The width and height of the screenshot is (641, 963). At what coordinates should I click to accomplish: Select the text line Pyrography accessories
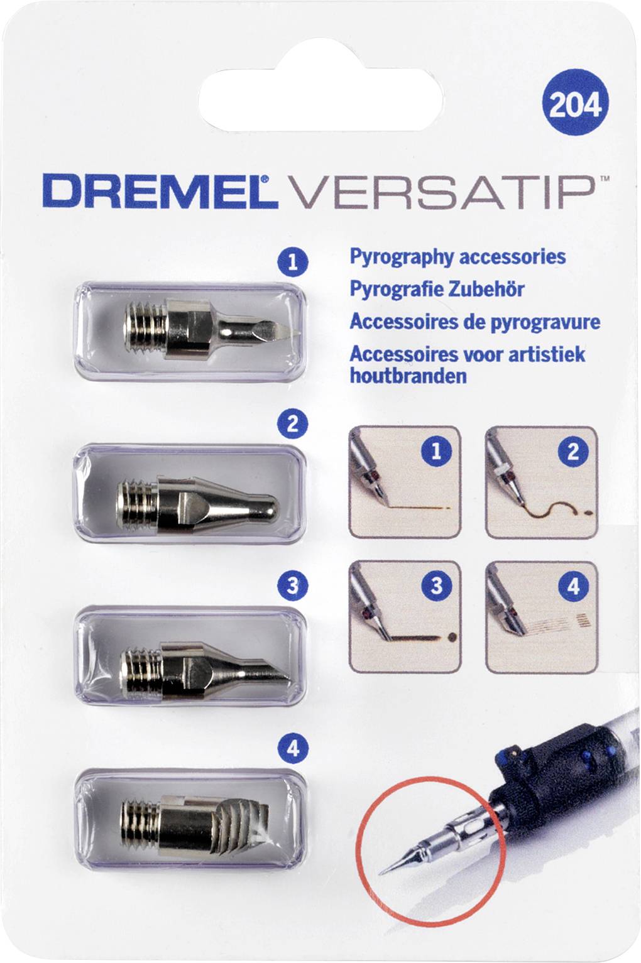pyautogui.click(x=457, y=257)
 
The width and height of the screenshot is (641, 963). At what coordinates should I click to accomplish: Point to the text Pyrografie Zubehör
pyautogui.click(x=437, y=289)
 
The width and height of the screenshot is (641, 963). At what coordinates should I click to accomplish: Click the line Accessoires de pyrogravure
pyautogui.click(x=474, y=322)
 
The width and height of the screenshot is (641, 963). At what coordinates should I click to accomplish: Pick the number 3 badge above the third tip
pyautogui.click(x=292, y=587)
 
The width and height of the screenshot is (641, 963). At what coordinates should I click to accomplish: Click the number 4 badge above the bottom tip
pyautogui.click(x=292, y=748)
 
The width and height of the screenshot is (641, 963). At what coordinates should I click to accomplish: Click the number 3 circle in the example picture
pyautogui.click(x=436, y=586)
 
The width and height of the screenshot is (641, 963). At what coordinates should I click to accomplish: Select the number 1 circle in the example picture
pyautogui.click(x=436, y=451)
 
